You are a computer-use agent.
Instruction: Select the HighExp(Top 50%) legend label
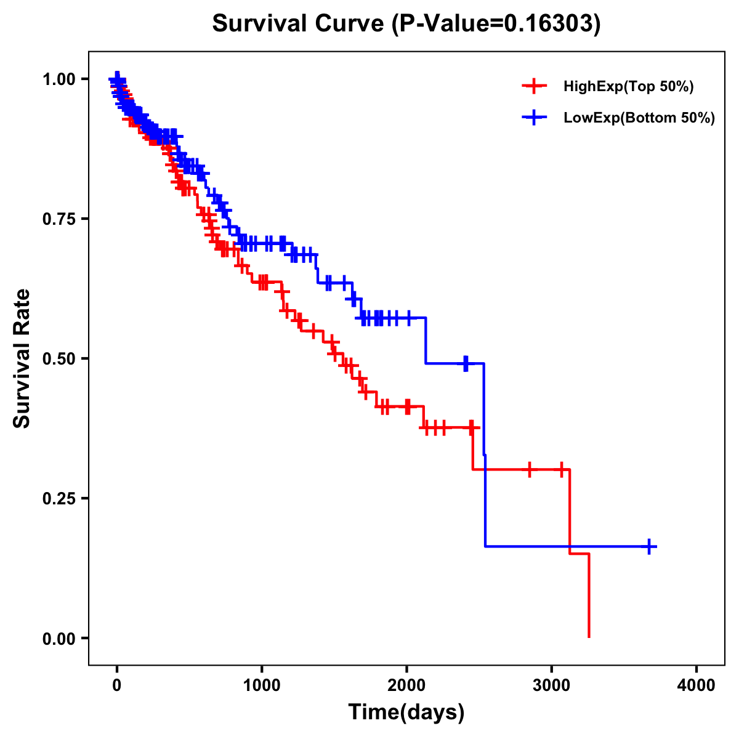pyautogui.click(x=628, y=87)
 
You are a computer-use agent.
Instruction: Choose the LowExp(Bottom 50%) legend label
pyautogui.click(x=639, y=118)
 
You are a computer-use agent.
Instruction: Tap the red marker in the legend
pyautogui.click(x=534, y=87)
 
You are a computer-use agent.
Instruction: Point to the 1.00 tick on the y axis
pyautogui.click(x=59, y=79)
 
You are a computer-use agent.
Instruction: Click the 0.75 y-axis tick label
pyautogui.click(x=59, y=219)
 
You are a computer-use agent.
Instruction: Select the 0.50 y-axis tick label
pyautogui.click(x=59, y=358)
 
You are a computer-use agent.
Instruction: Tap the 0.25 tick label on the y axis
pyautogui.click(x=59, y=498)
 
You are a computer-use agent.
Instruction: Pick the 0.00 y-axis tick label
pyautogui.click(x=59, y=638)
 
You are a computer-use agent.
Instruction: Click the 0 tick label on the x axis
pyautogui.click(x=117, y=685)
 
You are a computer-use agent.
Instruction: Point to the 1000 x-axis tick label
pyautogui.click(x=262, y=685)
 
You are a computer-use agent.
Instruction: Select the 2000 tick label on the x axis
pyautogui.click(x=406, y=685)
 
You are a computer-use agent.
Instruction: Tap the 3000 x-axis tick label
pyautogui.click(x=552, y=685)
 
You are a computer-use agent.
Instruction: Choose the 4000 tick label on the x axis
pyautogui.click(x=697, y=685)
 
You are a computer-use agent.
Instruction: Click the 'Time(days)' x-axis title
pyautogui.click(x=406, y=713)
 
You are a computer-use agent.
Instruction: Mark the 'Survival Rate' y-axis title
pyautogui.click(x=22, y=358)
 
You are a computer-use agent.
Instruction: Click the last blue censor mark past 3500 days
pyautogui.click(x=649, y=546)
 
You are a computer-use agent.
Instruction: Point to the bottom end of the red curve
pyautogui.click(x=589, y=636)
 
